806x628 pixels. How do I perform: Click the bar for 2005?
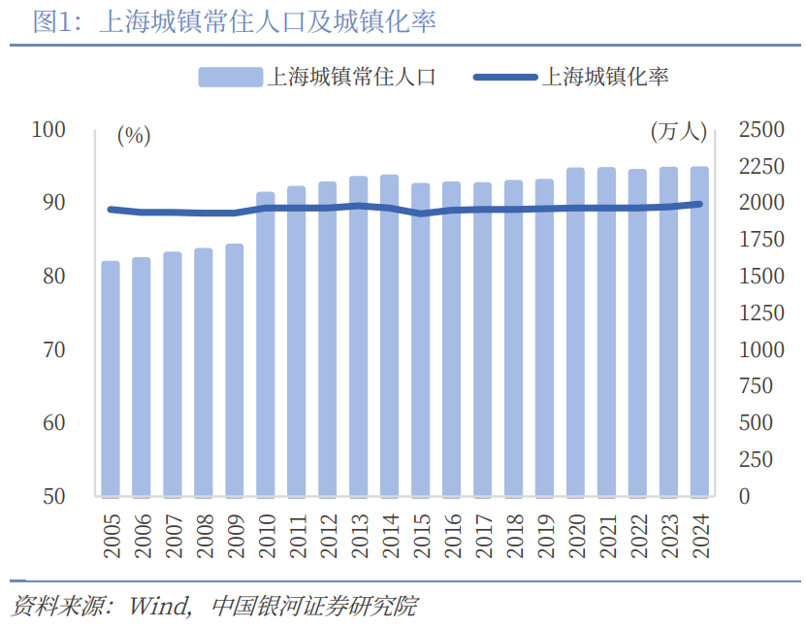[111, 379]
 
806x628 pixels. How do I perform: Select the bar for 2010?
[266, 344]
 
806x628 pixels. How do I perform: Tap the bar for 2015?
[421, 340]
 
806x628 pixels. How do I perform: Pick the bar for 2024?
[699, 331]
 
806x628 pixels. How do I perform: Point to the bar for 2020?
[575, 332]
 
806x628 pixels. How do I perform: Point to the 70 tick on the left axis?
[53, 349]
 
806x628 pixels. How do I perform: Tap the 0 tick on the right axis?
[744, 496]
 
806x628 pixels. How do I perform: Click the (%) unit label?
[134, 136]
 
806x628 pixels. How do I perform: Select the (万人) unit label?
[678, 132]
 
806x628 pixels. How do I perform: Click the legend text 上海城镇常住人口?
[351, 77]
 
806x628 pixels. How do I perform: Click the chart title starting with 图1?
[233, 21]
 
